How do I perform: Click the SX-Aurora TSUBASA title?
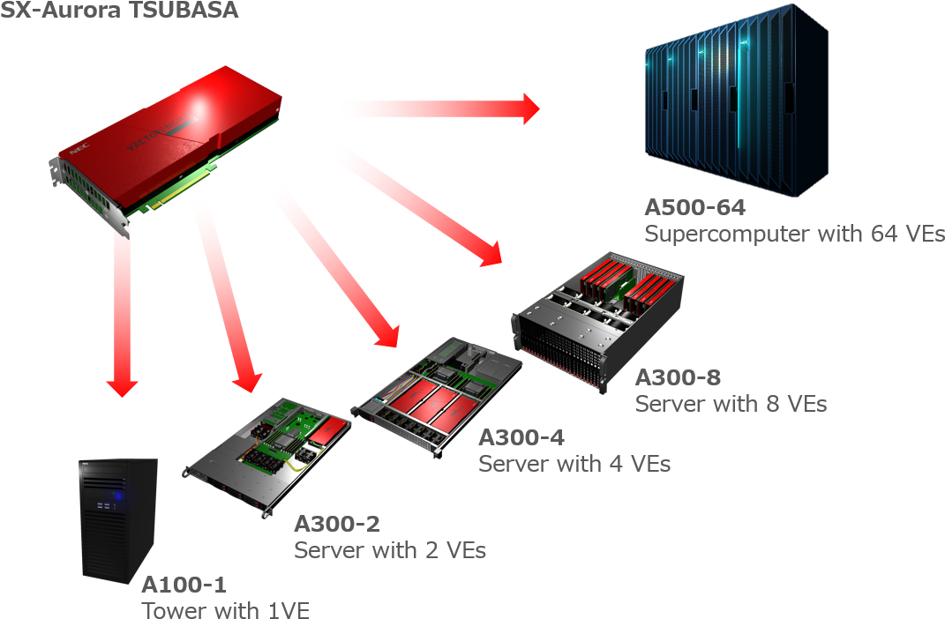(x=119, y=10)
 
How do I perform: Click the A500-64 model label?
(x=695, y=207)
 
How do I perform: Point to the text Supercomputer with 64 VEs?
(x=794, y=234)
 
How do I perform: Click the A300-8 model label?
(x=678, y=377)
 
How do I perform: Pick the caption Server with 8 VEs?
(x=731, y=404)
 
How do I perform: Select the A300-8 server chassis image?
(x=598, y=321)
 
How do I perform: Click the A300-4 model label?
(x=521, y=437)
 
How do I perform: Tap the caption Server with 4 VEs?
(x=574, y=464)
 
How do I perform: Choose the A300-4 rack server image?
(x=437, y=395)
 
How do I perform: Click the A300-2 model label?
(x=337, y=524)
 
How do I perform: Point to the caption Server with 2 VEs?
(x=390, y=549)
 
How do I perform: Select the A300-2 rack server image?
(x=267, y=457)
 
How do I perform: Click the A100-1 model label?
(x=184, y=584)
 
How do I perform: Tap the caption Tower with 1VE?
(x=225, y=609)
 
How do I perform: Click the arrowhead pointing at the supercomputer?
(x=530, y=109)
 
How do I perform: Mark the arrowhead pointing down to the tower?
(x=123, y=388)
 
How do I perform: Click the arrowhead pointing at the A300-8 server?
(x=492, y=254)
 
